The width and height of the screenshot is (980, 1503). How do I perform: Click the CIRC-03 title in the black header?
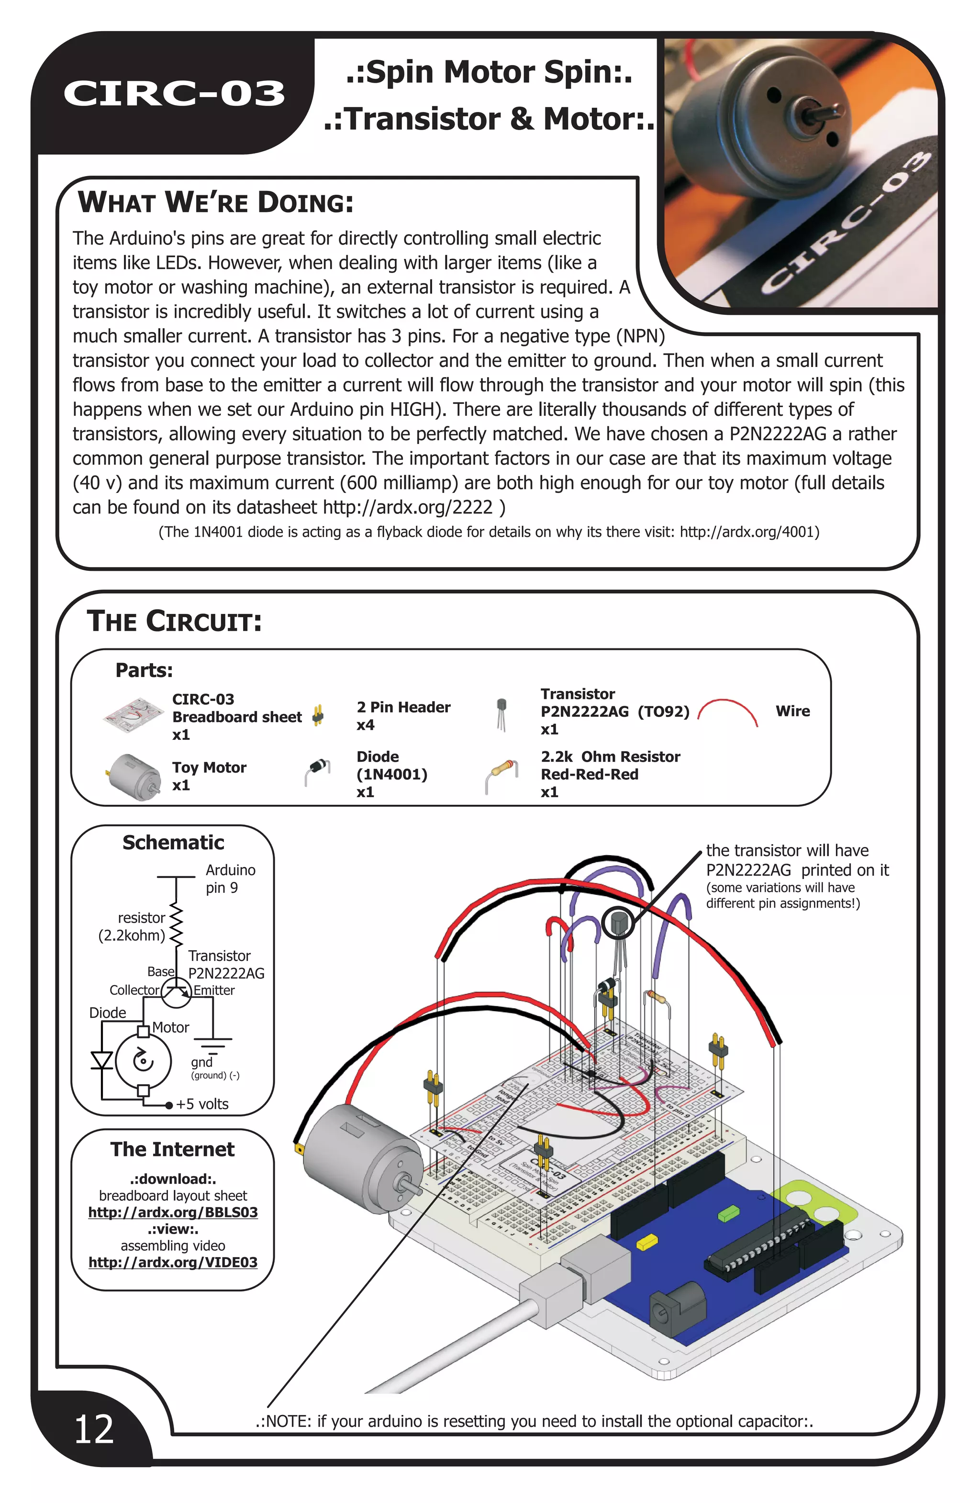(x=174, y=93)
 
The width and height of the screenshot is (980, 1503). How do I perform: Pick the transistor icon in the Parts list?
(x=501, y=713)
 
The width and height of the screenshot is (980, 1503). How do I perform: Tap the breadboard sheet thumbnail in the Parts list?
(x=133, y=715)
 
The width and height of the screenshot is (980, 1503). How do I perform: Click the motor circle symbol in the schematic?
(x=144, y=1061)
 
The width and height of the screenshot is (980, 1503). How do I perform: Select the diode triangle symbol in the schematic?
(x=101, y=1060)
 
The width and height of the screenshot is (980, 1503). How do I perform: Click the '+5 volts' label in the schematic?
(x=202, y=1104)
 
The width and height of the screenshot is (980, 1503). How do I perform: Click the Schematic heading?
(x=173, y=843)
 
